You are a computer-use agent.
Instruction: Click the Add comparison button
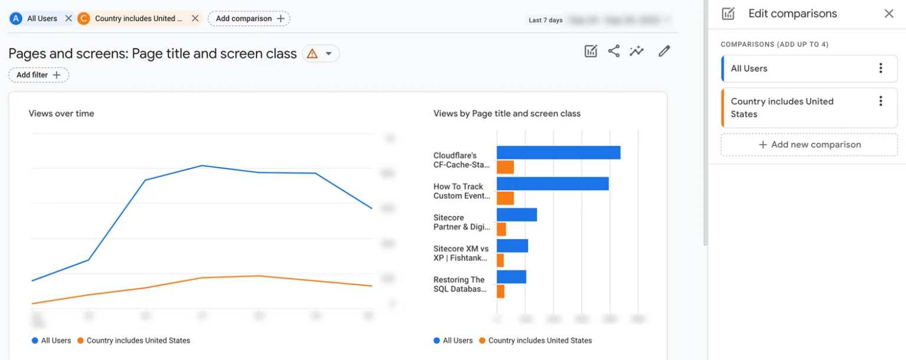(249, 18)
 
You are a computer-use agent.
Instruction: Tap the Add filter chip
(38, 75)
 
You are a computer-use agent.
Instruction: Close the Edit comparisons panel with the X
(888, 14)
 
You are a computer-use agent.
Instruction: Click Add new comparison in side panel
(809, 145)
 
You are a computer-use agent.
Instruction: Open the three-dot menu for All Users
(881, 68)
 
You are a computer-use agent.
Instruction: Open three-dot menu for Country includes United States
(881, 102)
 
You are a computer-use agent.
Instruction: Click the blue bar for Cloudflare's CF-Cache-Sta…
(558, 153)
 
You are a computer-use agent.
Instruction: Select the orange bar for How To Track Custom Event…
(505, 198)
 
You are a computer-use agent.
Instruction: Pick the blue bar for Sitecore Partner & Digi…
(517, 215)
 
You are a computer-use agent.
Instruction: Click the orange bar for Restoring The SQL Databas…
(500, 291)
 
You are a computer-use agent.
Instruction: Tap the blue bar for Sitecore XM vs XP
(512, 246)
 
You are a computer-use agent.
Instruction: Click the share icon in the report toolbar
(613, 51)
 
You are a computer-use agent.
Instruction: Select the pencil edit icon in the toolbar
(664, 51)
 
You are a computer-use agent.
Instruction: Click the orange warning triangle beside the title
(313, 54)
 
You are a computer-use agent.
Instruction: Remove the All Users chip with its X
(68, 18)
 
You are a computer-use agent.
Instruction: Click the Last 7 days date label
(545, 20)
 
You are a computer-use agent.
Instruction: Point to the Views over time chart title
(61, 113)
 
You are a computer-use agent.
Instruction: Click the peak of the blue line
(202, 166)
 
